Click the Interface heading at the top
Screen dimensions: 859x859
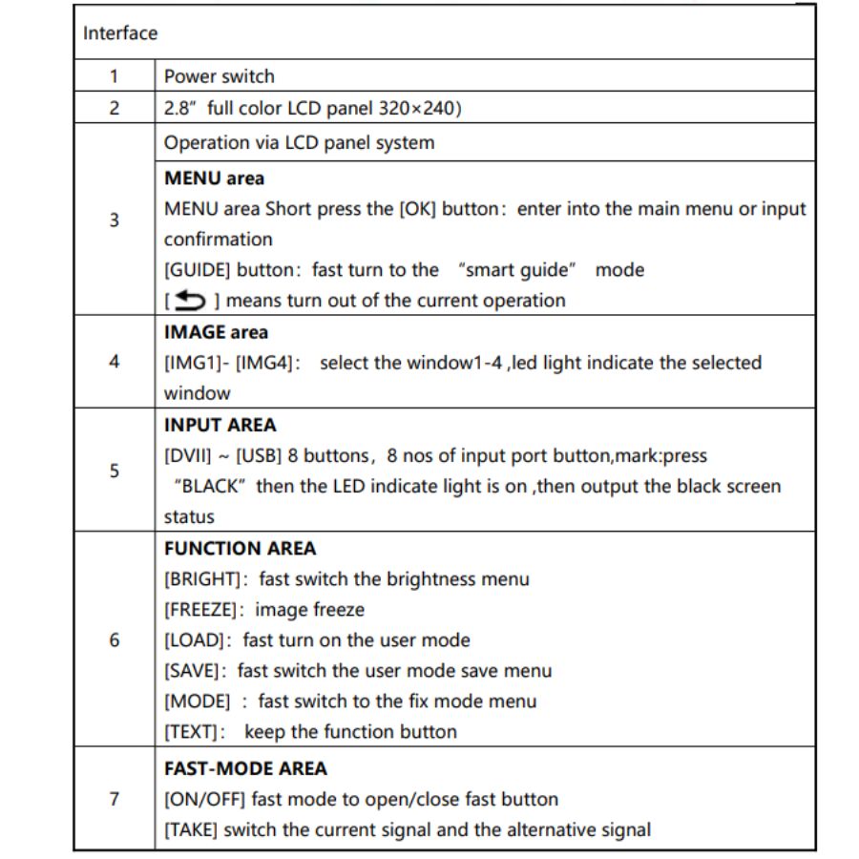click(120, 33)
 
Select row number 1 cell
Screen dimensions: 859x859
click(115, 76)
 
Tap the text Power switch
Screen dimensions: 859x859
click(219, 76)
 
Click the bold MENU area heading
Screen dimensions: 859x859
click(215, 178)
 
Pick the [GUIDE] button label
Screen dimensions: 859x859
click(198, 270)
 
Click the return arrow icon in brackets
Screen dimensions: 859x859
click(189, 301)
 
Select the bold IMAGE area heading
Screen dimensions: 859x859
click(217, 332)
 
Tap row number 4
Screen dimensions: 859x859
click(115, 363)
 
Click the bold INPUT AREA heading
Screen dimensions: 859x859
click(220, 425)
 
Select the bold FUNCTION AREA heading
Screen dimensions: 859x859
click(240, 549)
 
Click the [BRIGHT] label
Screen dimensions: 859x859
click(199, 579)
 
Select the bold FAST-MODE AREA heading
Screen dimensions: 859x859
click(245, 768)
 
